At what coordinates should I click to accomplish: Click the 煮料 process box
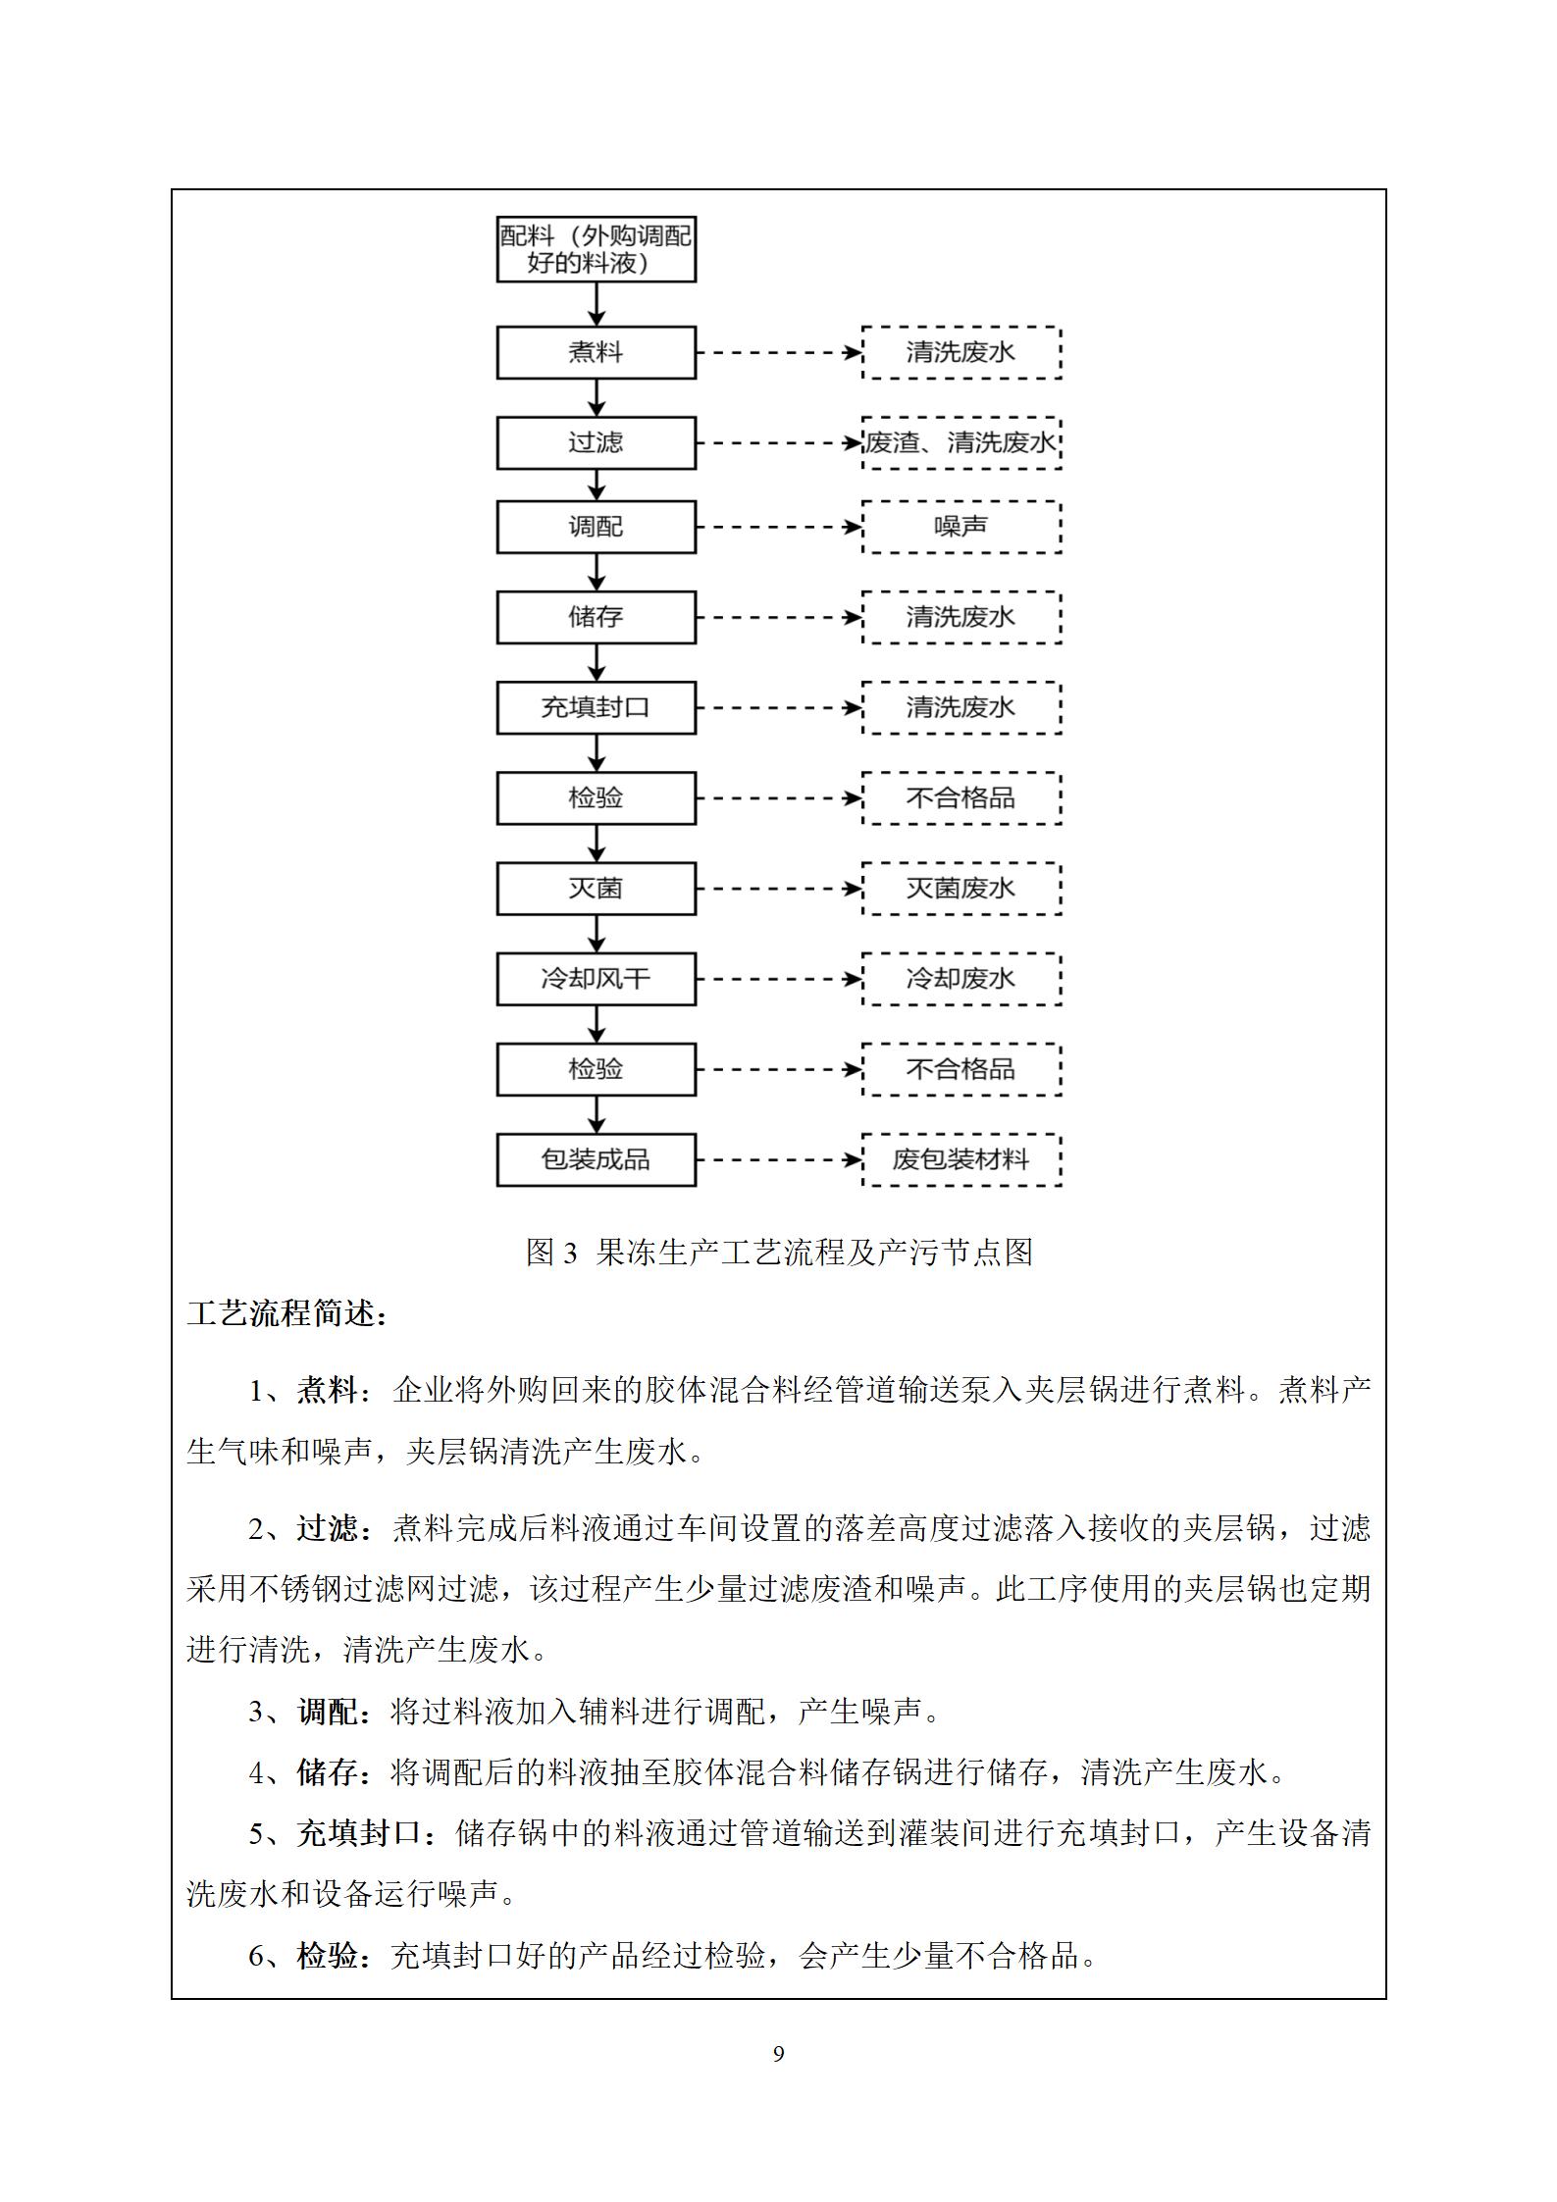point(596,352)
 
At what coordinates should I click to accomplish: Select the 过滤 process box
point(596,442)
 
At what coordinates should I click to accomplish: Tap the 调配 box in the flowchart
point(596,527)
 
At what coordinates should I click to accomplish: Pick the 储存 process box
point(596,617)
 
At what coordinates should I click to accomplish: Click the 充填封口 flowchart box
point(596,707)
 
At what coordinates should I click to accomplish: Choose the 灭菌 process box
point(596,889)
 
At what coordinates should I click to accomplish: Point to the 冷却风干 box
point(596,979)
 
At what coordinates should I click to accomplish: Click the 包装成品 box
point(596,1159)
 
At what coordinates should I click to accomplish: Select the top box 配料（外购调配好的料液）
point(596,249)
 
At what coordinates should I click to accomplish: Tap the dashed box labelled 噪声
point(961,527)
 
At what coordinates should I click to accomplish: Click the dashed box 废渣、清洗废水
point(961,442)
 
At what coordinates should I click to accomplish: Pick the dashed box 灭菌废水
point(961,889)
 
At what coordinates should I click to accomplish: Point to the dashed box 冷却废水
point(961,979)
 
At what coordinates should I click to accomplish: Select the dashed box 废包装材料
point(961,1159)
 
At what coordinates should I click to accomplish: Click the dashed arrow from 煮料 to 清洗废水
point(779,352)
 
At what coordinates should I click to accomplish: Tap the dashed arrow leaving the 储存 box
point(779,617)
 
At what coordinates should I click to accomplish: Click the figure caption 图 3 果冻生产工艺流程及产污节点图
point(779,1253)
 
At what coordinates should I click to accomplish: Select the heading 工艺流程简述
point(286,1313)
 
